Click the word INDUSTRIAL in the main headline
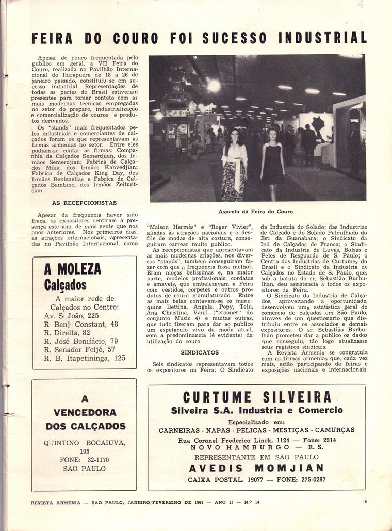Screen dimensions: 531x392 322,38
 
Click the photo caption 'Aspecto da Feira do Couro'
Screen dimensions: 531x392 255,212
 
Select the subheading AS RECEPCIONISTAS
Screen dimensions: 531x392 85,203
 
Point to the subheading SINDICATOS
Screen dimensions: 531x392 200,352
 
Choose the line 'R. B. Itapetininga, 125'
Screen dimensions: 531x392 85,358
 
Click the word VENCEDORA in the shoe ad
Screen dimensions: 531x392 85,413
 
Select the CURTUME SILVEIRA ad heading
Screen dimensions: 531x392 257,397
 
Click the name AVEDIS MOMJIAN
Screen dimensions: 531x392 256,468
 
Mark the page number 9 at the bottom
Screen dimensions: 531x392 365,501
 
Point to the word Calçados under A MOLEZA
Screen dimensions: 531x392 65,284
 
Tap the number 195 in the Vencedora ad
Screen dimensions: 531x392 85,451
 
